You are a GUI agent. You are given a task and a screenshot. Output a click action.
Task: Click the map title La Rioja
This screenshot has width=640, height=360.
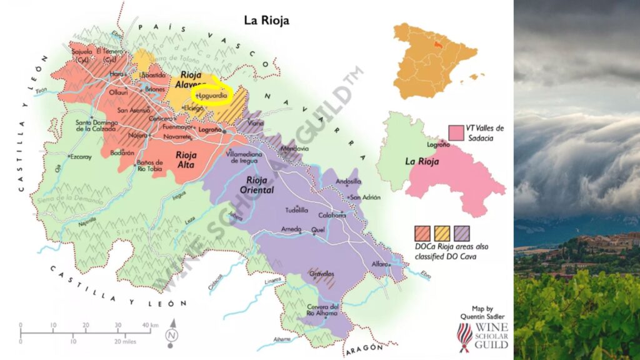(x=266, y=21)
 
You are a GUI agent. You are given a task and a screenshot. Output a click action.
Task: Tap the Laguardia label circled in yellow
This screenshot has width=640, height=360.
(x=212, y=96)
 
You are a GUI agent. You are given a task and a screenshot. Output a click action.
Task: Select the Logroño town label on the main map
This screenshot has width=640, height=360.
(x=209, y=130)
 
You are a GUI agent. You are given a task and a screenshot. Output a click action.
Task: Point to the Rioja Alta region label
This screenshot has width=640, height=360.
(x=187, y=159)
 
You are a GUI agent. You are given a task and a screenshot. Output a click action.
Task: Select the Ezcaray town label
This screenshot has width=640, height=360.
(x=81, y=156)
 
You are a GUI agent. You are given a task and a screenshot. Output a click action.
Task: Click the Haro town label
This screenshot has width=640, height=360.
(x=117, y=74)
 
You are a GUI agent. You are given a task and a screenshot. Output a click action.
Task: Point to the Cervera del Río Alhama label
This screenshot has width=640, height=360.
(x=322, y=311)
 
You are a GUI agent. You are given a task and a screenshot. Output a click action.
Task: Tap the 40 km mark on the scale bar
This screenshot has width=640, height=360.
(x=151, y=325)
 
